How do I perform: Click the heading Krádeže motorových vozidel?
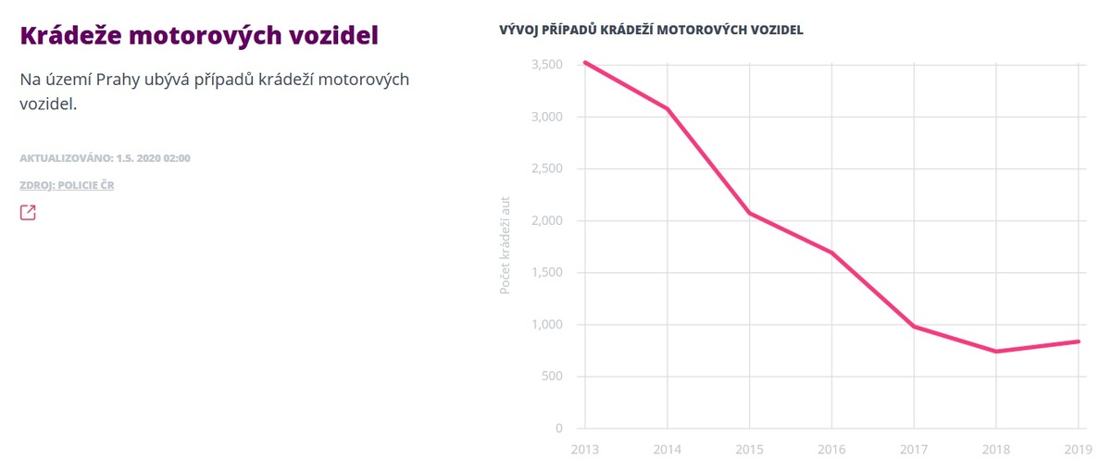tap(199, 36)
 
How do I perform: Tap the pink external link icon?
tap(28, 213)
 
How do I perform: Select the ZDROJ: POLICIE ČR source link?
tap(67, 185)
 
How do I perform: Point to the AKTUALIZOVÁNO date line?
tap(105, 158)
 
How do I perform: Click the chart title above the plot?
tap(651, 30)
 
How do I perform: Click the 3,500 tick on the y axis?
tap(547, 65)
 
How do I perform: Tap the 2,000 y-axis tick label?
tap(547, 221)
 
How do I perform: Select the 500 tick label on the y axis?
tap(552, 377)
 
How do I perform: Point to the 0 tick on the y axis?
tap(558, 428)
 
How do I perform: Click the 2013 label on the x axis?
tap(584, 449)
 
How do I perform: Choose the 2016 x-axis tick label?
tap(831, 449)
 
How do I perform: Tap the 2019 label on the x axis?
tap(1079, 449)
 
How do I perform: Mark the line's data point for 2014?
tap(667, 108)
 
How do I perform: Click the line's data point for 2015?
tap(749, 213)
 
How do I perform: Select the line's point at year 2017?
tap(914, 327)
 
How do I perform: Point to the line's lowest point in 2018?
tap(996, 352)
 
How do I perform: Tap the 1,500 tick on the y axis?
tap(547, 273)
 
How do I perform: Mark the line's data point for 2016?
tap(831, 253)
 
